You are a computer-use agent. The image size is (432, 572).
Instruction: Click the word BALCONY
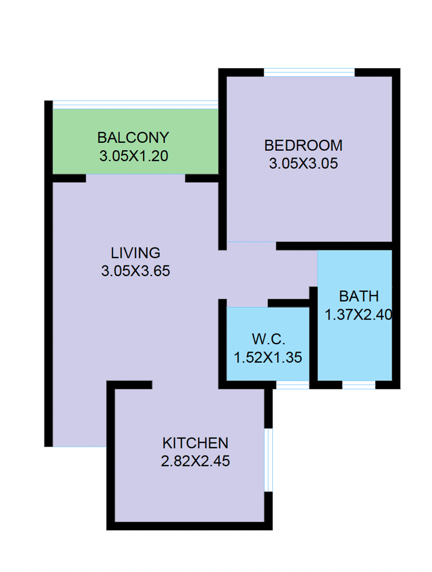coord(133,138)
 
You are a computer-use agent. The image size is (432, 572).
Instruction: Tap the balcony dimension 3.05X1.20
coord(133,156)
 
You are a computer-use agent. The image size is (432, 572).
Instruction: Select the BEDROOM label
coord(303,146)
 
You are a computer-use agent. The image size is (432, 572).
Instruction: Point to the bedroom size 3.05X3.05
coord(303,164)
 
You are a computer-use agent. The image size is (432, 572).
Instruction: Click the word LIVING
coord(136,253)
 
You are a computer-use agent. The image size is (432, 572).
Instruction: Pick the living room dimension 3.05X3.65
coord(136,271)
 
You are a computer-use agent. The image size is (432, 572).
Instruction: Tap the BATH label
coord(359,296)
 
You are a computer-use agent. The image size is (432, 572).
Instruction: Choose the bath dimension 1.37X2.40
coord(358,314)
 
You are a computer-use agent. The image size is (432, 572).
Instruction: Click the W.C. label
coord(268,339)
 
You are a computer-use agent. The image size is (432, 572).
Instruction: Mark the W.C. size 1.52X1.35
coord(268,358)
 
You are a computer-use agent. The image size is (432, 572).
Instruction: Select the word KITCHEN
coord(195,443)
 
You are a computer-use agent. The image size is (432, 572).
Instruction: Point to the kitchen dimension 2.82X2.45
coord(195,461)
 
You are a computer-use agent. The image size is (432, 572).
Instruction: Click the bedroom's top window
coord(309,72)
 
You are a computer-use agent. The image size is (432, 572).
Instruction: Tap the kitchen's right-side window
coord(268,460)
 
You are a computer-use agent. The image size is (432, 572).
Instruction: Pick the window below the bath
coord(359,385)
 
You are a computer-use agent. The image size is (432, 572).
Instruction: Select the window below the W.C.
coord(292,385)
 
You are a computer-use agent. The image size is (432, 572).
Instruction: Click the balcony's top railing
coord(136,105)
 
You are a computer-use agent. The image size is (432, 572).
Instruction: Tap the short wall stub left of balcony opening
coord(69,178)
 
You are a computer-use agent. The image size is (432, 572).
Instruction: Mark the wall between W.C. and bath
coord(313,337)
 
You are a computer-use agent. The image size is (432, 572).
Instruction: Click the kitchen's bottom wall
coord(190,526)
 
